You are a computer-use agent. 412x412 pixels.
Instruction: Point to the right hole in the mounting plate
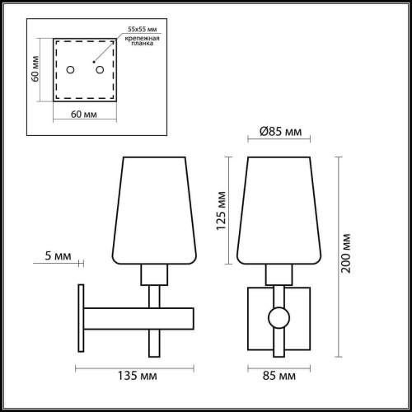tap(100, 70)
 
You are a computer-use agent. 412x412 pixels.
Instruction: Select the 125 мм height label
tap(222, 210)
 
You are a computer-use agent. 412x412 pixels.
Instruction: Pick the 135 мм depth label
tap(135, 378)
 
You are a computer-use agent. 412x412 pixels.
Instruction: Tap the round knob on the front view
tap(278, 317)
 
